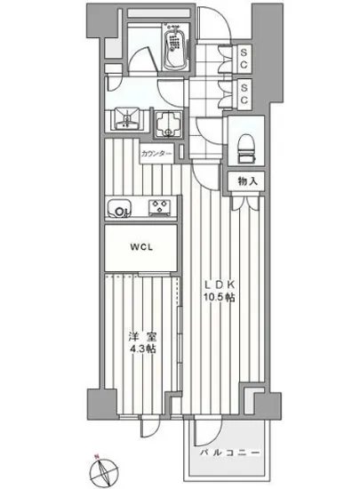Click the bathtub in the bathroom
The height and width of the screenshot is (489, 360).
pyautogui.click(x=175, y=48)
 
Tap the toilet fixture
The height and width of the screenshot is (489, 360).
pyautogui.click(x=244, y=143)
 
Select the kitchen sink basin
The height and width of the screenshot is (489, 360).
pyautogui.click(x=119, y=210)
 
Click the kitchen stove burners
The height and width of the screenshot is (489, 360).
pyautogui.click(x=158, y=210)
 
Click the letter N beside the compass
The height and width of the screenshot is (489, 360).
pyautogui.click(x=95, y=460)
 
